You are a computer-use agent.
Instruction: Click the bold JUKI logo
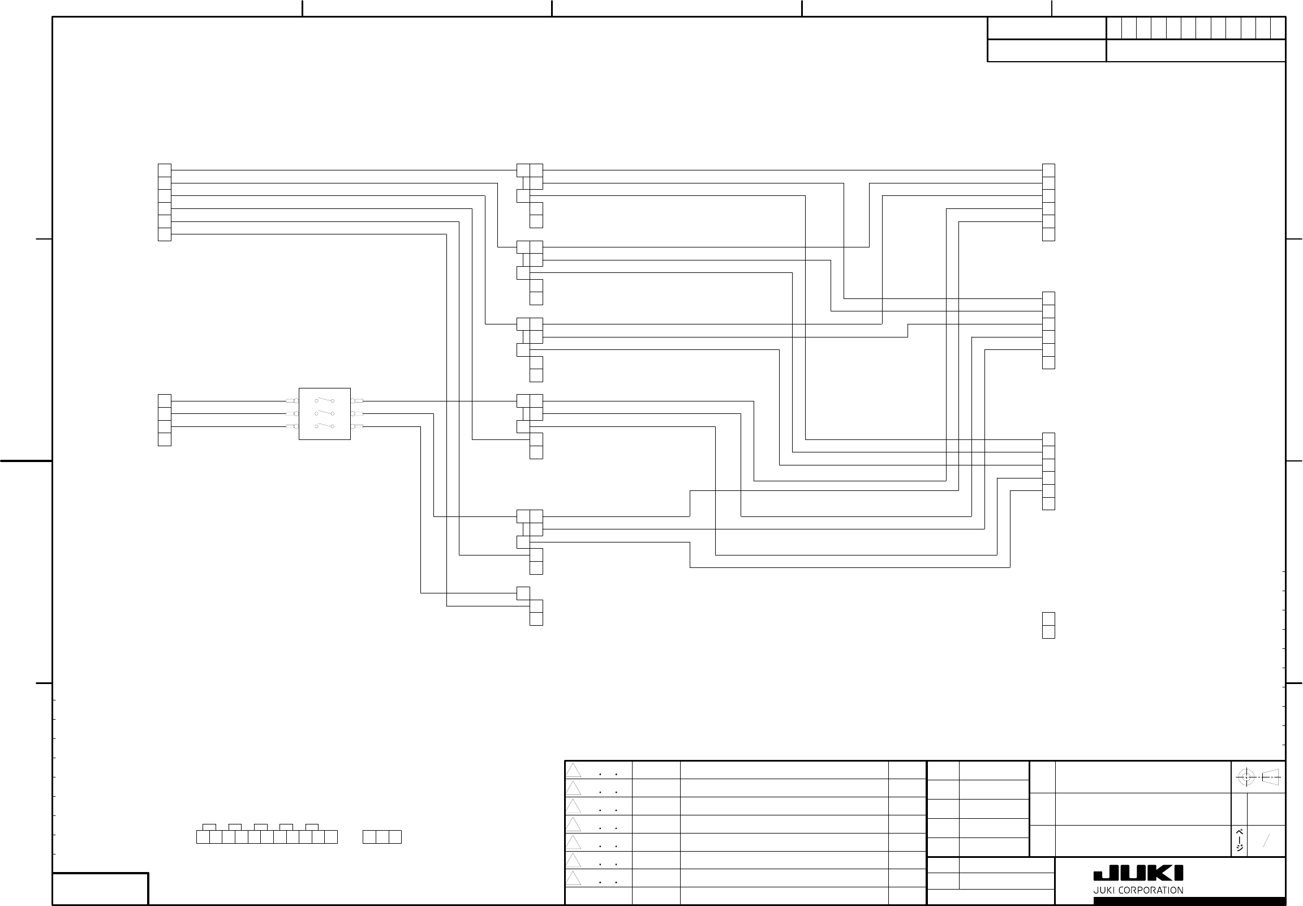1138,874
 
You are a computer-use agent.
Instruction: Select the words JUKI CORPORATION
1138,890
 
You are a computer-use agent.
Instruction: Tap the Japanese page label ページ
1240,841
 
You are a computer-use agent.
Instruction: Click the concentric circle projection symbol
1246,777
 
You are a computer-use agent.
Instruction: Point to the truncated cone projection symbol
1271,777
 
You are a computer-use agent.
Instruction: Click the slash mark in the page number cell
1266,841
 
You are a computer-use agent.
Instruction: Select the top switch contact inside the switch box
324,400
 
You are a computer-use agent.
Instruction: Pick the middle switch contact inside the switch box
324,413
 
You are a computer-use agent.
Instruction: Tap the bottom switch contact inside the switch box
324,426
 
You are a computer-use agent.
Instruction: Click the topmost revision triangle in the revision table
574,770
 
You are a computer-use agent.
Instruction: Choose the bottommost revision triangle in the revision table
574,878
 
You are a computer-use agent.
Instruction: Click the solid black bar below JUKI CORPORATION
1189,901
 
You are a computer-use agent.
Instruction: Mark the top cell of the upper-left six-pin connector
165,170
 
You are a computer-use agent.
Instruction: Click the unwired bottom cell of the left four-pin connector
165,439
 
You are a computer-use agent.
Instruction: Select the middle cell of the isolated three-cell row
382,837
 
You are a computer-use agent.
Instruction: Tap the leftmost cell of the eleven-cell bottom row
203,837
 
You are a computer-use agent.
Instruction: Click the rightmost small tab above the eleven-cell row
311,827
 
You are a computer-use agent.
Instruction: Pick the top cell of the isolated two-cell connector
1048,619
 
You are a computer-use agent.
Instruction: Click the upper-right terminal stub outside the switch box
357,401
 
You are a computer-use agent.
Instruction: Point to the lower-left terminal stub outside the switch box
292,426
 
